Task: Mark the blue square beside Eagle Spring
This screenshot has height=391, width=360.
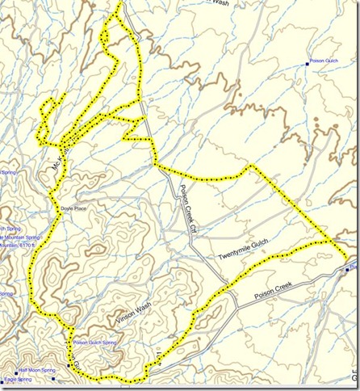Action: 2,379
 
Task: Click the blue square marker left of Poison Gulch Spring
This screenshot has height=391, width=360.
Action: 68,343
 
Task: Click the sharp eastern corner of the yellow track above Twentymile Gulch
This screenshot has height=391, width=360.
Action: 251,166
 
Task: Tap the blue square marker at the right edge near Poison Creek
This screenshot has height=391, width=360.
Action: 347,270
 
